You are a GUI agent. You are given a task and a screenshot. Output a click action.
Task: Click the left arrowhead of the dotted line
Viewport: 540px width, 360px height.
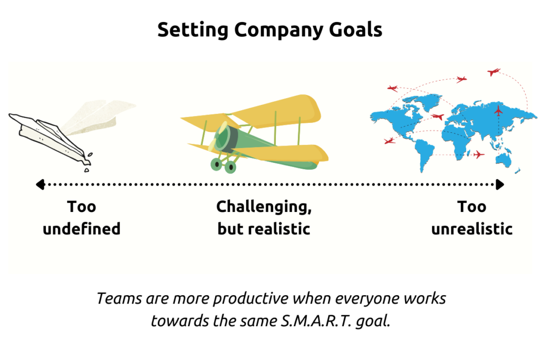point(39,184)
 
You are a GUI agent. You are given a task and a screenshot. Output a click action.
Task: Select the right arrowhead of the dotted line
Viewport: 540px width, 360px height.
point(500,184)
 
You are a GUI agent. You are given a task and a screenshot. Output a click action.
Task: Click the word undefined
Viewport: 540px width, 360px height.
point(81,229)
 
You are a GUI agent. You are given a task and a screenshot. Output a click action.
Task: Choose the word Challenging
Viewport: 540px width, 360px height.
point(264,207)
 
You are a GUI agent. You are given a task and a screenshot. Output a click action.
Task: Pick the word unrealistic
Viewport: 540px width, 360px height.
point(471,229)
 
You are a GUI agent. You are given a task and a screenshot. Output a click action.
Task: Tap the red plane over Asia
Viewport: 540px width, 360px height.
point(498,111)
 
